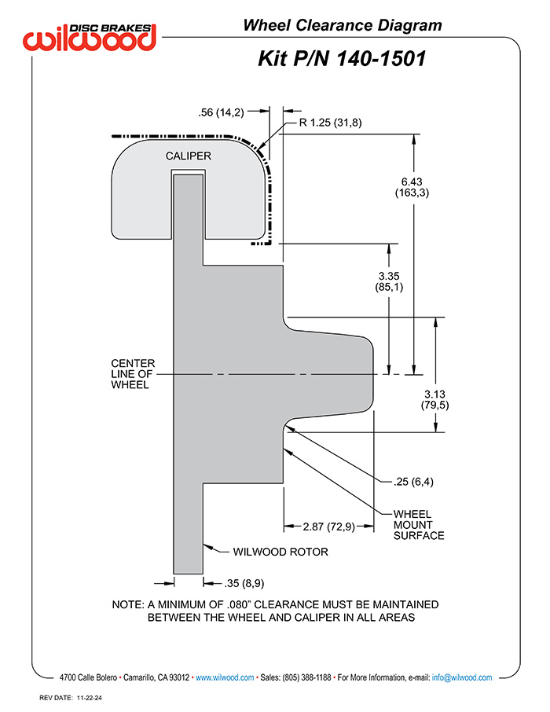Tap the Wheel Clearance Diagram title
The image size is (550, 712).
(x=342, y=25)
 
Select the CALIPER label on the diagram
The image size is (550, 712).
(x=188, y=156)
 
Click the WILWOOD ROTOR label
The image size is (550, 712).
(x=280, y=552)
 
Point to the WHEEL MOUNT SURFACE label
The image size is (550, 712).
(x=419, y=525)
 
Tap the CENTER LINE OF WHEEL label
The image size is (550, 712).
(x=133, y=374)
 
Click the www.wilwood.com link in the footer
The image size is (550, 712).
(x=224, y=677)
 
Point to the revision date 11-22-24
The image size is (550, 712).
(x=93, y=697)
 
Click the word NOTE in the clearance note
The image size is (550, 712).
(x=127, y=605)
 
